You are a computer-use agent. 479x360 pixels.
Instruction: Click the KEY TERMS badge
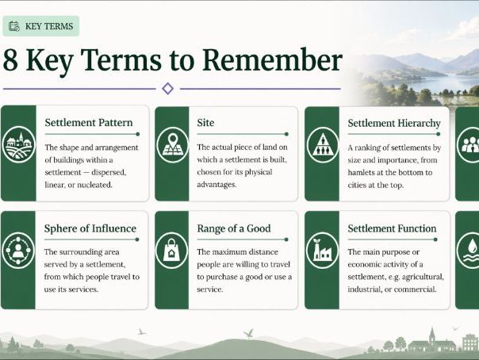(x=41, y=26)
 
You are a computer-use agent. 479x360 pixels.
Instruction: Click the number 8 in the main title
(x=10, y=59)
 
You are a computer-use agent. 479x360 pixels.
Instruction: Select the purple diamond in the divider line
(x=167, y=89)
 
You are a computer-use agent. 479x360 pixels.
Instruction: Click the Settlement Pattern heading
(x=89, y=122)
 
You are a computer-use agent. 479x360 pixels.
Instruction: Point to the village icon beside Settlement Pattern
(x=18, y=144)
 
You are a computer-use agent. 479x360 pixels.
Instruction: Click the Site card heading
(x=205, y=122)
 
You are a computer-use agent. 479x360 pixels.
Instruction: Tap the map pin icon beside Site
(x=173, y=145)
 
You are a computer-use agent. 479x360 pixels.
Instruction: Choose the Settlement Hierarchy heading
(x=394, y=123)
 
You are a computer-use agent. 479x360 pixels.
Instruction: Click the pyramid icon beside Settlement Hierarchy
(x=323, y=145)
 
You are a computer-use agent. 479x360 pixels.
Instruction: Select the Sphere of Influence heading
(x=90, y=228)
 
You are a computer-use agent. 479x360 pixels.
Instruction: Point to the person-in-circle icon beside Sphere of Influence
(x=18, y=251)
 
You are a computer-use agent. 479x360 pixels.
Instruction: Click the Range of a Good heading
(x=234, y=228)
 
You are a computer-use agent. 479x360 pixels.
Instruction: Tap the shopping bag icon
(x=171, y=251)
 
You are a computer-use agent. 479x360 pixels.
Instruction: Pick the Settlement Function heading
(x=392, y=228)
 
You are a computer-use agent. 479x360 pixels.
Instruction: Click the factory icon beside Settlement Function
(x=323, y=251)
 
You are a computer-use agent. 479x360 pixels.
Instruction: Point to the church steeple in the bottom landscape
(x=432, y=336)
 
